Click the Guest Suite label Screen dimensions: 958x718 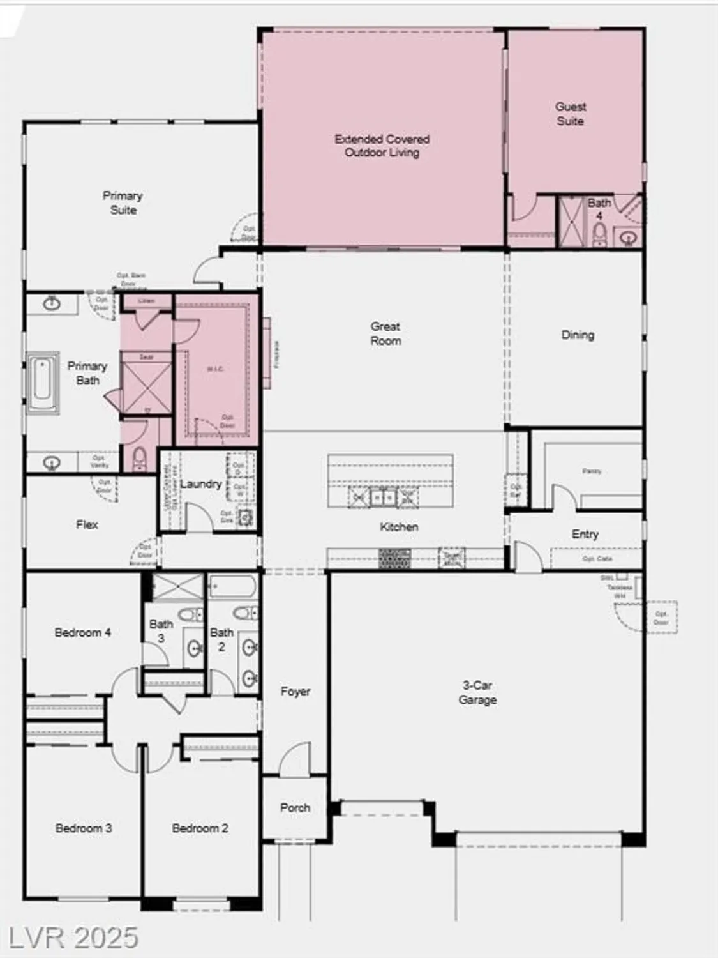tap(570, 114)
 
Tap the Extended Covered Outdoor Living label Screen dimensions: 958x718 tap(382, 146)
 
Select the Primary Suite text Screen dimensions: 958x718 tap(123, 202)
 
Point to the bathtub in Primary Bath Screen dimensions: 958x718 tap(43, 383)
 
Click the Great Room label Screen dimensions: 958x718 tap(385, 333)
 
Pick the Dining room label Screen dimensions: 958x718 tap(578, 335)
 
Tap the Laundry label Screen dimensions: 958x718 tap(200, 483)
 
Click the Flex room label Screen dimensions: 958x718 tap(87, 524)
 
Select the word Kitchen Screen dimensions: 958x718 tap(399, 527)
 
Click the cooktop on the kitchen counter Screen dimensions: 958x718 tap(394, 558)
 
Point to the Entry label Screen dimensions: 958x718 tap(585, 534)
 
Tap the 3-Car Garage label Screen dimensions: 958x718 tap(477, 692)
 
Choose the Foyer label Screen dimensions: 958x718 tap(295, 691)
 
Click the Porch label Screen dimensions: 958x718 tap(295, 807)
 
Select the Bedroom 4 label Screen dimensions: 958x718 tap(82, 632)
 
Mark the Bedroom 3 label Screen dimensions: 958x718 tap(83, 828)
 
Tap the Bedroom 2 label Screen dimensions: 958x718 tap(200, 828)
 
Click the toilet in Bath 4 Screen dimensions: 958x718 tap(599, 235)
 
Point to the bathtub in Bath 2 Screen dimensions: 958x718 tap(232, 586)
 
